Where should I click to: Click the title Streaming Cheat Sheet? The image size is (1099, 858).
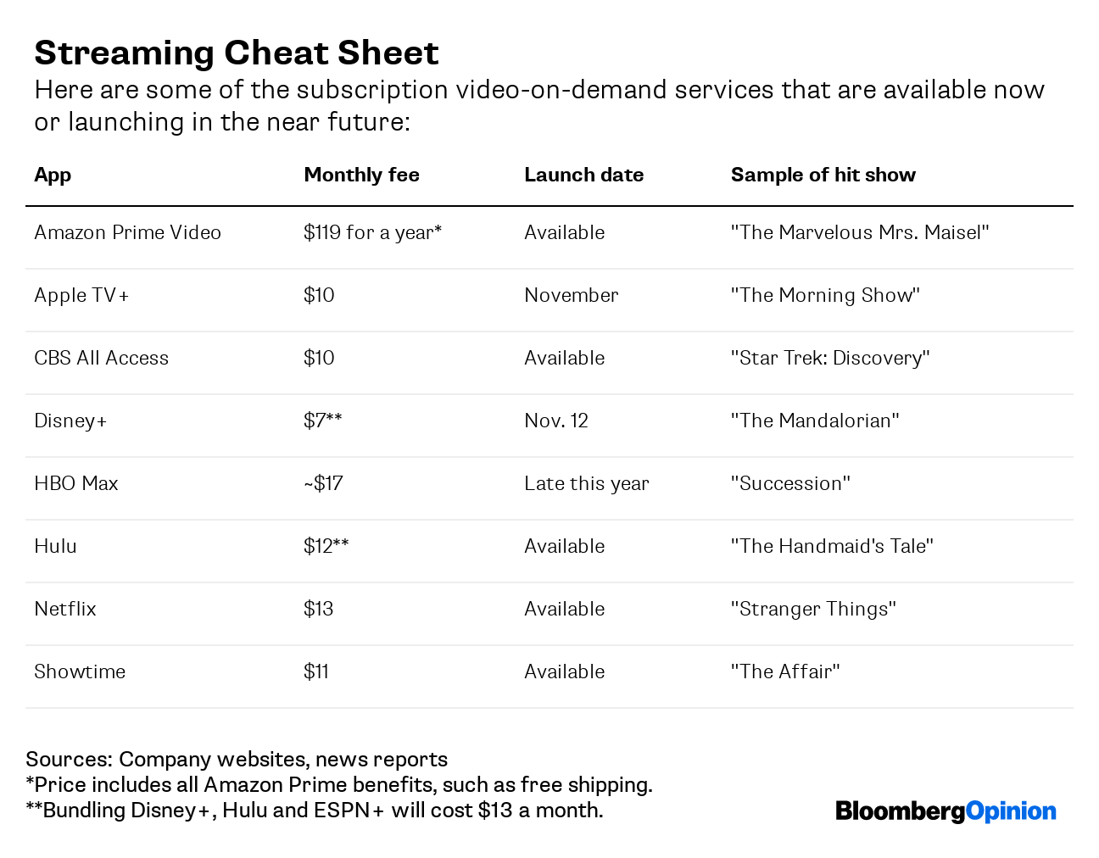pyautogui.click(x=236, y=53)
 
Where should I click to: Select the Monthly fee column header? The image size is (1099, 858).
pyautogui.click(x=361, y=175)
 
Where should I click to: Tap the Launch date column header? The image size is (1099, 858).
pyautogui.click(x=583, y=175)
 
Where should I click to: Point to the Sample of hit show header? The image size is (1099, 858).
pyautogui.click(x=823, y=175)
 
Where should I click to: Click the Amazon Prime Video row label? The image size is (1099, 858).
pyautogui.click(x=127, y=232)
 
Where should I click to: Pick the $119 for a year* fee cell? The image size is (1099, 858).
pyautogui.click(x=372, y=232)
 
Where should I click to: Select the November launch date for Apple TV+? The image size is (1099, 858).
pyautogui.click(x=571, y=295)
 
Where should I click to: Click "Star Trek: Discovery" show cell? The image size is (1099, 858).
pyautogui.click(x=829, y=358)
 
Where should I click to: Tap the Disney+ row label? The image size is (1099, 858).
pyautogui.click(x=70, y=421)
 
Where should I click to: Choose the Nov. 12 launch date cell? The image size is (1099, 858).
pyautogui.click(x=555, y=421)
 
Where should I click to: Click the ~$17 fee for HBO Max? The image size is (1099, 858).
pyautogui.click(x=323, y=483)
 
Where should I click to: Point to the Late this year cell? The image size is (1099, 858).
pyautogui.click(x=586, y=483)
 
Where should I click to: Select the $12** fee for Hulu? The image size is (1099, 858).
pyautogui.click(x=326, y=546)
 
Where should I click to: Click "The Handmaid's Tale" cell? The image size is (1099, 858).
pyautogui.click(x=831, y=546)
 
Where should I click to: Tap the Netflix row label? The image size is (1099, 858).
pyautogui.click(x=65, y=609)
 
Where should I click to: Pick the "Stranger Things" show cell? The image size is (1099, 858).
pyautogui.click(x=812, y=609)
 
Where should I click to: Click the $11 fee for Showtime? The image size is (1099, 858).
pyautogui.click(x=315, y=671)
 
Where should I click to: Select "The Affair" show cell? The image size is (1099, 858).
pyautogui.click(x=784, y=671)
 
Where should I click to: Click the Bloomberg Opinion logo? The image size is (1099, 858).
pyautogui.click(x=945, y=811)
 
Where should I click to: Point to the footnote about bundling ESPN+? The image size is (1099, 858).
pyautogui.click(x=314, y=811)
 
